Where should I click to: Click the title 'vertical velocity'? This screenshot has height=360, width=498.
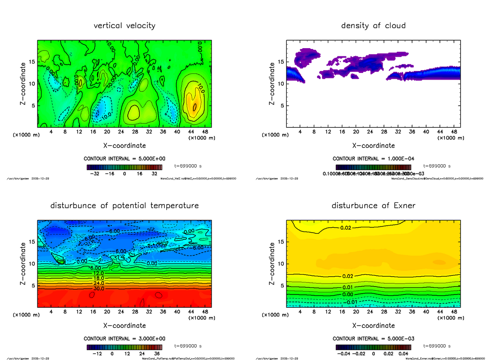point(124,26)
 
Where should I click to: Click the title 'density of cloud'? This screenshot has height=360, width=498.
point(373,26)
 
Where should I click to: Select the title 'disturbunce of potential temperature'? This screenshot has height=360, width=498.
point(124,206)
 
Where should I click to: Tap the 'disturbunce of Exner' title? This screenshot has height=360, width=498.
point(373,206)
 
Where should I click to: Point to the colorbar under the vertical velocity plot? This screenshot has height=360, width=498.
point(124,167)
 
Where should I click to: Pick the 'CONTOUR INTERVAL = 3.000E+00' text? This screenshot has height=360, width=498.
point(124,338)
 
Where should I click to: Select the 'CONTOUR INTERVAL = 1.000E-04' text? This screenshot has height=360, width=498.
point(373,158)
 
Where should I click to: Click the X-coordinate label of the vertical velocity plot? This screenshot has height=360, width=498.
point(124,146)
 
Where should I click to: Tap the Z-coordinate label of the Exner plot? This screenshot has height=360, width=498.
point(272,264)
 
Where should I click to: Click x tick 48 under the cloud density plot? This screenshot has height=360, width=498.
point(454,132)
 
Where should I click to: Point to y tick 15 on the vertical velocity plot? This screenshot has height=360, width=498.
point(32,62)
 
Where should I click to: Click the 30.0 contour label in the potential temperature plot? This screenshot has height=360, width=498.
point(100,288)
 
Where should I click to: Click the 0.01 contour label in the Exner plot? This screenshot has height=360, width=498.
point(348,287)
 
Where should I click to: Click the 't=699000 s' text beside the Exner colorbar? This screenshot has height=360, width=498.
point(437,345)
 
